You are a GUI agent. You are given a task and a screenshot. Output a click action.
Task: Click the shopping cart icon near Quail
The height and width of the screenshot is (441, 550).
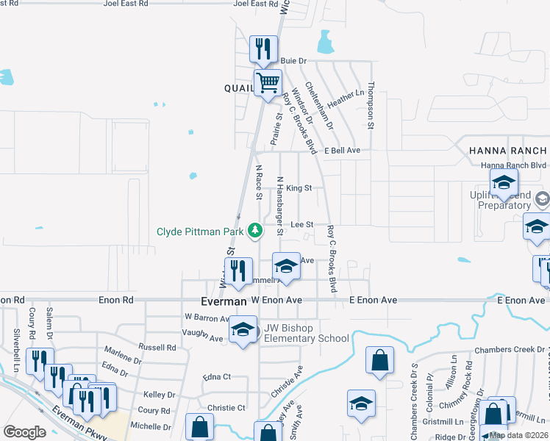coord(268,83)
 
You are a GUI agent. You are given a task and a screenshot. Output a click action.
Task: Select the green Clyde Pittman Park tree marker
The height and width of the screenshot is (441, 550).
coord(255,232)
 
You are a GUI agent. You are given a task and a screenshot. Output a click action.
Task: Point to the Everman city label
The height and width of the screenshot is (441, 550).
coord(224,301)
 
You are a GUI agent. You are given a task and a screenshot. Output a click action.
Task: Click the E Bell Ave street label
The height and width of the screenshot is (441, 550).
coord(343,150)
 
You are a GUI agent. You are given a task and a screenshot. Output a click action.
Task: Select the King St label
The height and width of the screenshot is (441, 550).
coord(299,188)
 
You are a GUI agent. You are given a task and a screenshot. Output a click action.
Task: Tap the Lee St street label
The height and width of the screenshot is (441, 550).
coord(302,224)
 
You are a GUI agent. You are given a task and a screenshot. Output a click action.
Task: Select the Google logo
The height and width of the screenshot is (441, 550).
coord(24,432)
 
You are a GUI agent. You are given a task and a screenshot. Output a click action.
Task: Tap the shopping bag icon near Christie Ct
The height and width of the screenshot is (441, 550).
coord(200,427)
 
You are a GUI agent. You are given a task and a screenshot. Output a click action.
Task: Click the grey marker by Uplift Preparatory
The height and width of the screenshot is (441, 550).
coord(542,198)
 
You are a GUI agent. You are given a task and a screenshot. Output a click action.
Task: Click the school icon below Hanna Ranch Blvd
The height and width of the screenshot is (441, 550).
coord(504,184)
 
